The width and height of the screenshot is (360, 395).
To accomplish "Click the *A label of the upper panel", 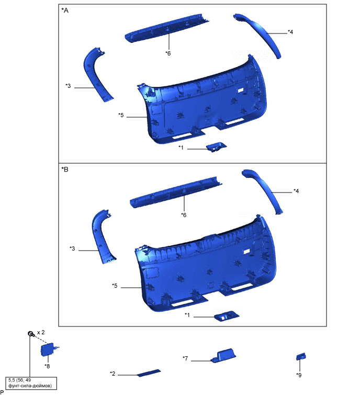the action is tap(65, 10).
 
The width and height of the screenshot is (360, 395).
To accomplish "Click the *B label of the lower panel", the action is tap(65, 170).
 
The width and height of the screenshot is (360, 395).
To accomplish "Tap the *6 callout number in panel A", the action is tap(168, 53).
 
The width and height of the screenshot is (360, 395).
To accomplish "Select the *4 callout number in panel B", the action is tap(296, 191).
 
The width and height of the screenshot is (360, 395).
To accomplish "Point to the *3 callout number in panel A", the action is tap(68, 86).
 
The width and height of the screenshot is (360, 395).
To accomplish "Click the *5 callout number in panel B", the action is tap(115, 286).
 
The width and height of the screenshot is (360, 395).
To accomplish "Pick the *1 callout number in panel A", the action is tap(181, 148).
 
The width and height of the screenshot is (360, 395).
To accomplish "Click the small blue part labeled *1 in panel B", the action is tap(227, 316).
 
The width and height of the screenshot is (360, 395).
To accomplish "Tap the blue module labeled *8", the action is tap(48, 349).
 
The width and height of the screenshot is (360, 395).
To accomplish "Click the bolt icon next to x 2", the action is tap(31, 334).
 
